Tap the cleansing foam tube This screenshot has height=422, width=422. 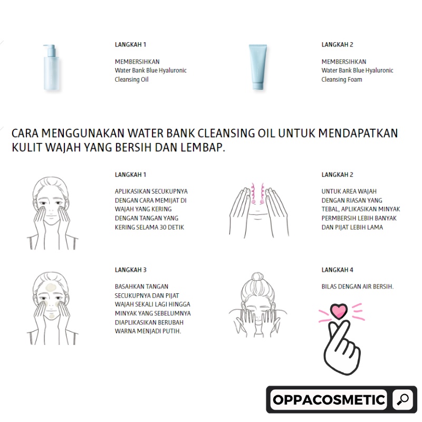click(x=258, y=67)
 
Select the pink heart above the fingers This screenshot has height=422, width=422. click(x=339, y=311)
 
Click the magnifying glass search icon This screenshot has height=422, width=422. click(x=402, y=399)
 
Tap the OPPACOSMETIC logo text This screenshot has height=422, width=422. click(x=329, y=400)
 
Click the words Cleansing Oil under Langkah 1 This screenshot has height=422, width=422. click(x=131, y=80)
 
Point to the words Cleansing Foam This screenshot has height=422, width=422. click(x=341, y=80)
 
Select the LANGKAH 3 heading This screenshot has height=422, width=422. click(x=130, y=270)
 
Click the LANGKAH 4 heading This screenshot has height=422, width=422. click(x=337, y=270)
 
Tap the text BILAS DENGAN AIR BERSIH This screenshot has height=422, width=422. click(x=358, y=286)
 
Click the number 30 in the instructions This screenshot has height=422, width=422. click(x=163, y=227)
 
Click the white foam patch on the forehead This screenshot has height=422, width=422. click(x=51, y=287)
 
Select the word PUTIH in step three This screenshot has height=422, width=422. click(x=172, y=331)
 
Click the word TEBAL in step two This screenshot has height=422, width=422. click(x=330, y=209)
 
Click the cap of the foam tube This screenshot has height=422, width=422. click(x=258, y=86)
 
